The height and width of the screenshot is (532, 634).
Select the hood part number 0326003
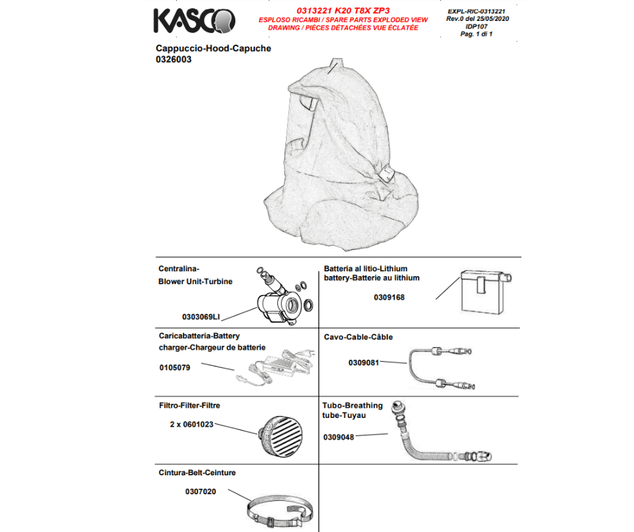pyautogui.click(x=173, y=59)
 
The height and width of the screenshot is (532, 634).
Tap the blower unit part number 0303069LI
pyautogui.click(x=201, y=316)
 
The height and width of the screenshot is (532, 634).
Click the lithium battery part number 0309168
pyautogui.click(x=389, y=296)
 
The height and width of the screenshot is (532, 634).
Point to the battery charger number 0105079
pyautogui.click(x=175, y=368)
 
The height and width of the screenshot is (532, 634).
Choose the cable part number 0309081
pyautogui.click(x=364, y=363)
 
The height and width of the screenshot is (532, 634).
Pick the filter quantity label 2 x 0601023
pyautogui.click(x=192, y=425)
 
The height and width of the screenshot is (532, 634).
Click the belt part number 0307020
pyautogui.click(x=200, y=491)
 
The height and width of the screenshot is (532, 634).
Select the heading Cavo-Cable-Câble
pyautogui.click(x=358, y=337)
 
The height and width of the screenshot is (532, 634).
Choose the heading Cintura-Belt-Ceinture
pyautogui.click(x=196, y=473)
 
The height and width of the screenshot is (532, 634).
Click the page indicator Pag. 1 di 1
pyautogui.click(x=477, y=34)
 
